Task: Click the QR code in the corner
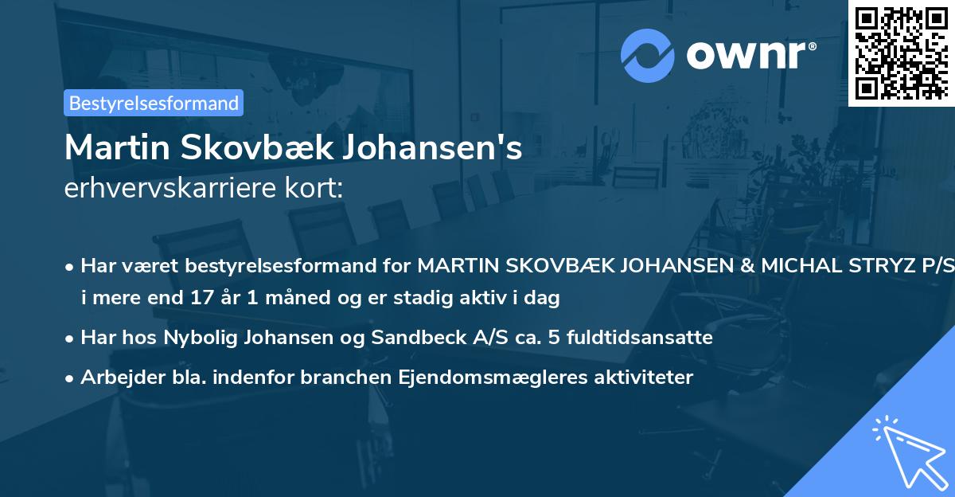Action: point(901,53)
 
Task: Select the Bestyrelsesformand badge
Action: point(154,103)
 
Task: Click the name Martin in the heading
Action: point(111,148)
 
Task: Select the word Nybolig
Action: point(196,338)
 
